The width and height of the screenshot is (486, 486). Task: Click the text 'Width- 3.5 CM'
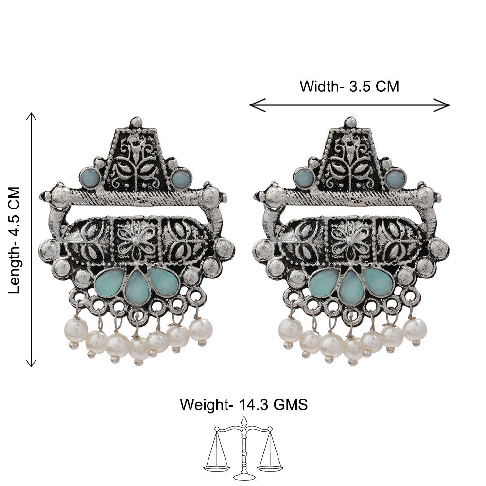349,86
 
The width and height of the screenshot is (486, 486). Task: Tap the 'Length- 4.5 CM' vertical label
15,240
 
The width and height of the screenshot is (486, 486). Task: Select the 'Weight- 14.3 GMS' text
243,405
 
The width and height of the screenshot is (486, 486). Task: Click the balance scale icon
243,448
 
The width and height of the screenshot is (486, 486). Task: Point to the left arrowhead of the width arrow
257,105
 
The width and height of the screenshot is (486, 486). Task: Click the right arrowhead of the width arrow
442,105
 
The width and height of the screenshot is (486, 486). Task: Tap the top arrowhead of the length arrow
31,116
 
